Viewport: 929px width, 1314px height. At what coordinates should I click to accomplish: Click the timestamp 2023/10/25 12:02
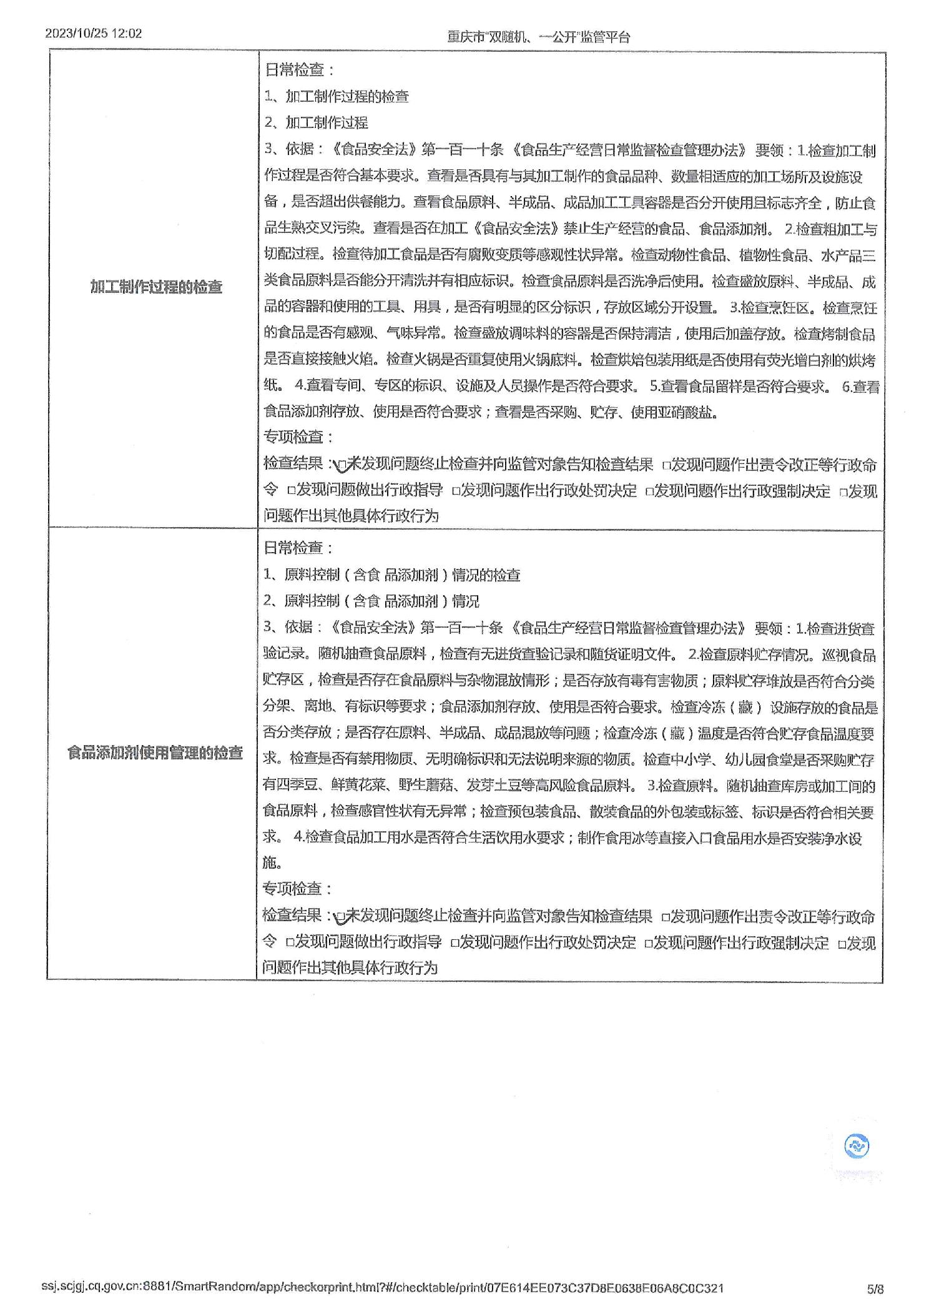point(94,33)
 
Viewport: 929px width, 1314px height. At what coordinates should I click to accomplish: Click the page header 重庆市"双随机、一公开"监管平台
point(538,37)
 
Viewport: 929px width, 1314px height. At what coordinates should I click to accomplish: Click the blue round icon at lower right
point(857,1146)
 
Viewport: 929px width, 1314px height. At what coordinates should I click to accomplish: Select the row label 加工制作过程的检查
point(156,287)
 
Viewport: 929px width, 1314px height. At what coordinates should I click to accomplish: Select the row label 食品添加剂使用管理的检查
point(155,753)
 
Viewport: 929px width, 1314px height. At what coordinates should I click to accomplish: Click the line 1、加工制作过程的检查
point(337,96)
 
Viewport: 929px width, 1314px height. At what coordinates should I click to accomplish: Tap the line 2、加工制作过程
point(316,122)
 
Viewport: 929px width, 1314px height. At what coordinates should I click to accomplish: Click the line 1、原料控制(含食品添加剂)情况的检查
point(391,575)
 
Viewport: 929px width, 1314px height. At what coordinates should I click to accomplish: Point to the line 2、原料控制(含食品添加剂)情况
point(371,601)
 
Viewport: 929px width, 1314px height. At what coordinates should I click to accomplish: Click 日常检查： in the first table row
point(299,70)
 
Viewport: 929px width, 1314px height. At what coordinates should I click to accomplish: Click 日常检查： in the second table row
point(298,548)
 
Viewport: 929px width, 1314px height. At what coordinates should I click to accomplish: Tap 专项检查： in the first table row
point(298,437)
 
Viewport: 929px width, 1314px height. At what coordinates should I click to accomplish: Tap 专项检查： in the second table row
point(297,888)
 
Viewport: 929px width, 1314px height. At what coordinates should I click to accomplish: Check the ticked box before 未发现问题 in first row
point(342,465)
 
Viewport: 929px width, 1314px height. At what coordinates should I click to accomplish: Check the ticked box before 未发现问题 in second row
point(340,917)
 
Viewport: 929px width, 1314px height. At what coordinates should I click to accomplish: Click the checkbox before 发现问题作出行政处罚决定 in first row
point(456,492)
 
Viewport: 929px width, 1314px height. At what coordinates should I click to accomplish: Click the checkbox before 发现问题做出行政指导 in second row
point(290,942)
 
